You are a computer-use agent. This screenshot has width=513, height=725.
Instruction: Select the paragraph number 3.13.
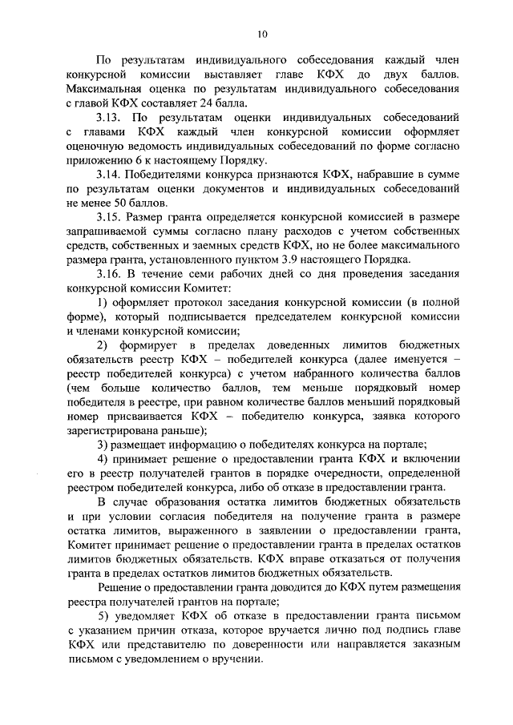[109, 115]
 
